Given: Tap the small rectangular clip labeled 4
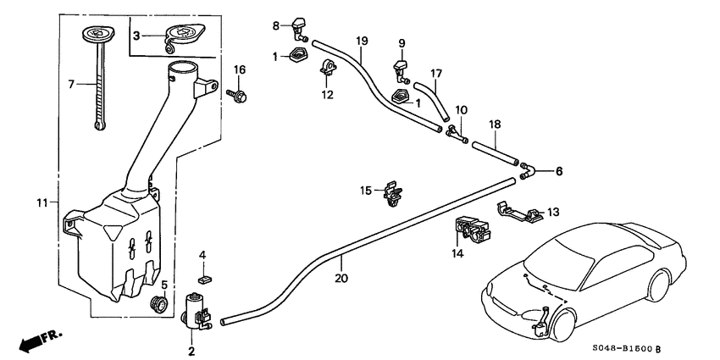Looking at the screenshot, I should tap(202, 276).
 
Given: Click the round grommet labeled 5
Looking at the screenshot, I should tap(156, 303).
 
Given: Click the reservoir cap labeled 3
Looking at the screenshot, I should tap(178, 35).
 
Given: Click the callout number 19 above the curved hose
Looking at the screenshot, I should tap(362, 41).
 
